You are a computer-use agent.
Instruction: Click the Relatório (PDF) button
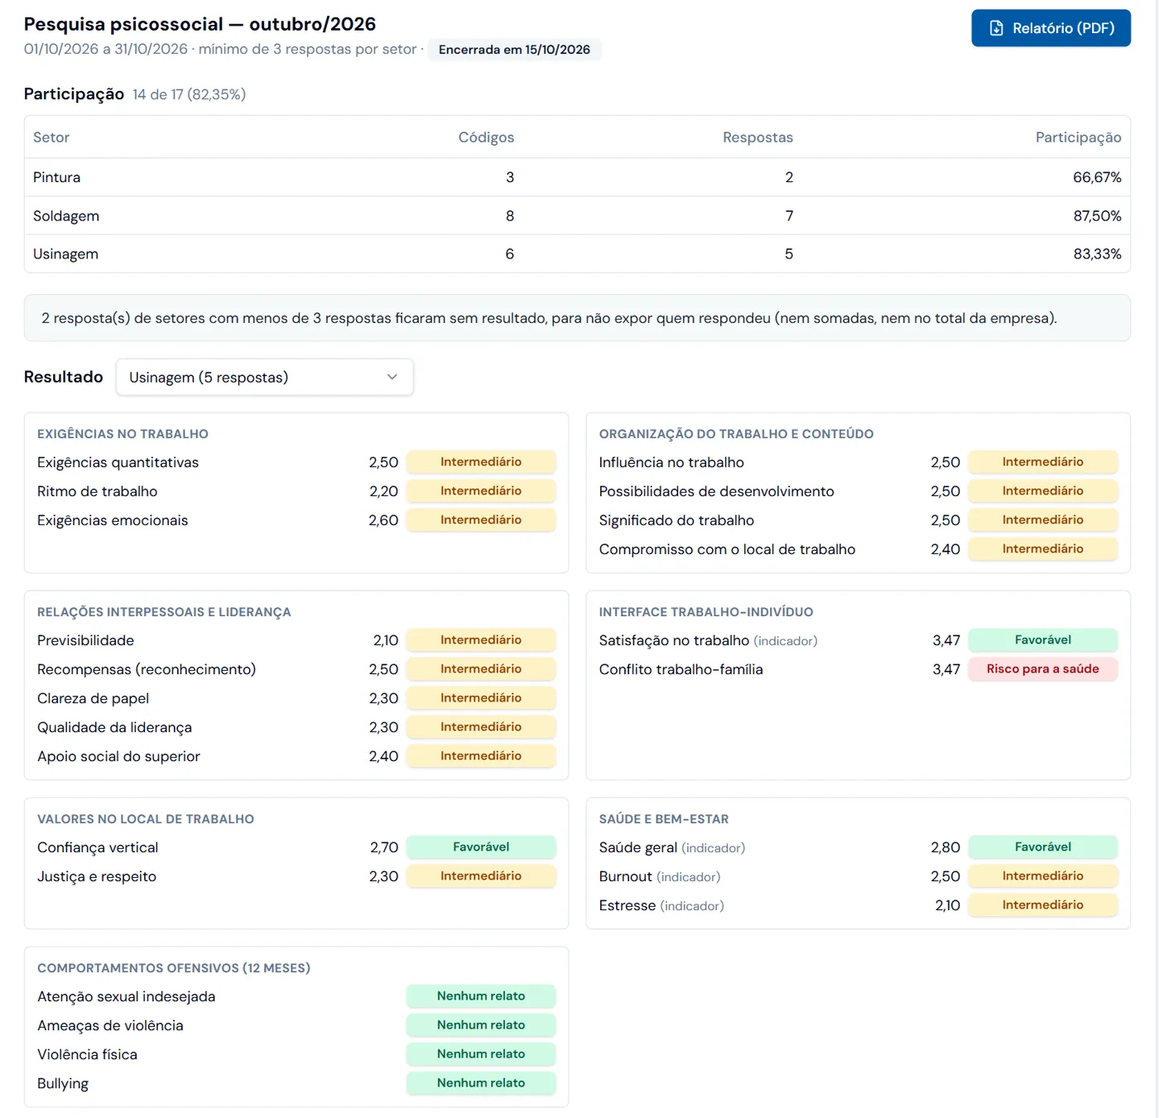click(1051, 28)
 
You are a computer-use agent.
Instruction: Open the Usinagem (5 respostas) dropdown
click(264, 377)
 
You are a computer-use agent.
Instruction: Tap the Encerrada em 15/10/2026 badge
click(514, 50)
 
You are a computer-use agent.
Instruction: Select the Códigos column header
click(486, 137)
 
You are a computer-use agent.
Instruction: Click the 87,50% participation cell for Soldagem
click(1097, 216)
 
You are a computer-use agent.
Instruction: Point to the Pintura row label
click(56, 177)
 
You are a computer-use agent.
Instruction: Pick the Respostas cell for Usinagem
click(789, 254)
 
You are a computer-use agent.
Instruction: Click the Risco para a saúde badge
click(1042, 668)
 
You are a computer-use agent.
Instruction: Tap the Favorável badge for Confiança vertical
click(481, 847)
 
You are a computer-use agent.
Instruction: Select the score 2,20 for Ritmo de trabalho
click(383, 491)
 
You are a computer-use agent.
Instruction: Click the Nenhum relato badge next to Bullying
click(481, 1083)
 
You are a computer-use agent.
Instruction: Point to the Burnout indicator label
click(659, 876)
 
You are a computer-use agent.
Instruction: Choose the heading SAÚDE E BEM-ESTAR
click(663, 819)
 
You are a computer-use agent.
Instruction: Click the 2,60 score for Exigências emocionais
click(383, 520)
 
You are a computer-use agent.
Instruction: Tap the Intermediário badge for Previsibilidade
click(481, 639)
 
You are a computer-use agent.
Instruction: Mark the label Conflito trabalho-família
click(680, 669)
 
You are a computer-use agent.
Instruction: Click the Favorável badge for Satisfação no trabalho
click(1042, 639)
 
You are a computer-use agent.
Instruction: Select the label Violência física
click(87, 1054)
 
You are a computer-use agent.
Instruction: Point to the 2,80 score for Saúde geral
click(945, 847)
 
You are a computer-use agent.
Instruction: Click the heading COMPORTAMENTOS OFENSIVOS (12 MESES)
click(173, 968)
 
